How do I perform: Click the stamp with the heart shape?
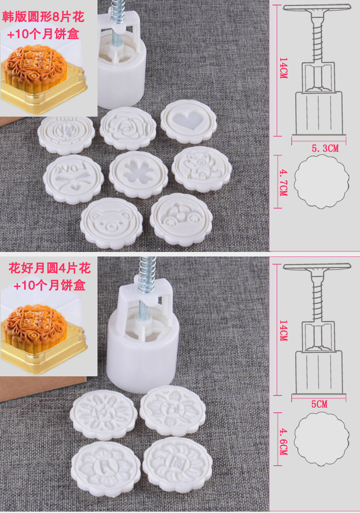(x=189, y=121)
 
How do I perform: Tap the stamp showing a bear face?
(x=112, y=223)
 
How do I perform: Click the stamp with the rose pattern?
(x=128, y=128)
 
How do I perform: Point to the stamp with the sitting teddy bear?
(x=201, y=169)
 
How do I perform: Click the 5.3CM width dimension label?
(x=324, y=149)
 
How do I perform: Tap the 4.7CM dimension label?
(x=283, y=182)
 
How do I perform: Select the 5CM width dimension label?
(x=319, y=404)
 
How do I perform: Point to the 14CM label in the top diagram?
(x=283, y=68)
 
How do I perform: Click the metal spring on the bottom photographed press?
(x=147, y=274)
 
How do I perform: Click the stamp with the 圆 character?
(x=177, y=465)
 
